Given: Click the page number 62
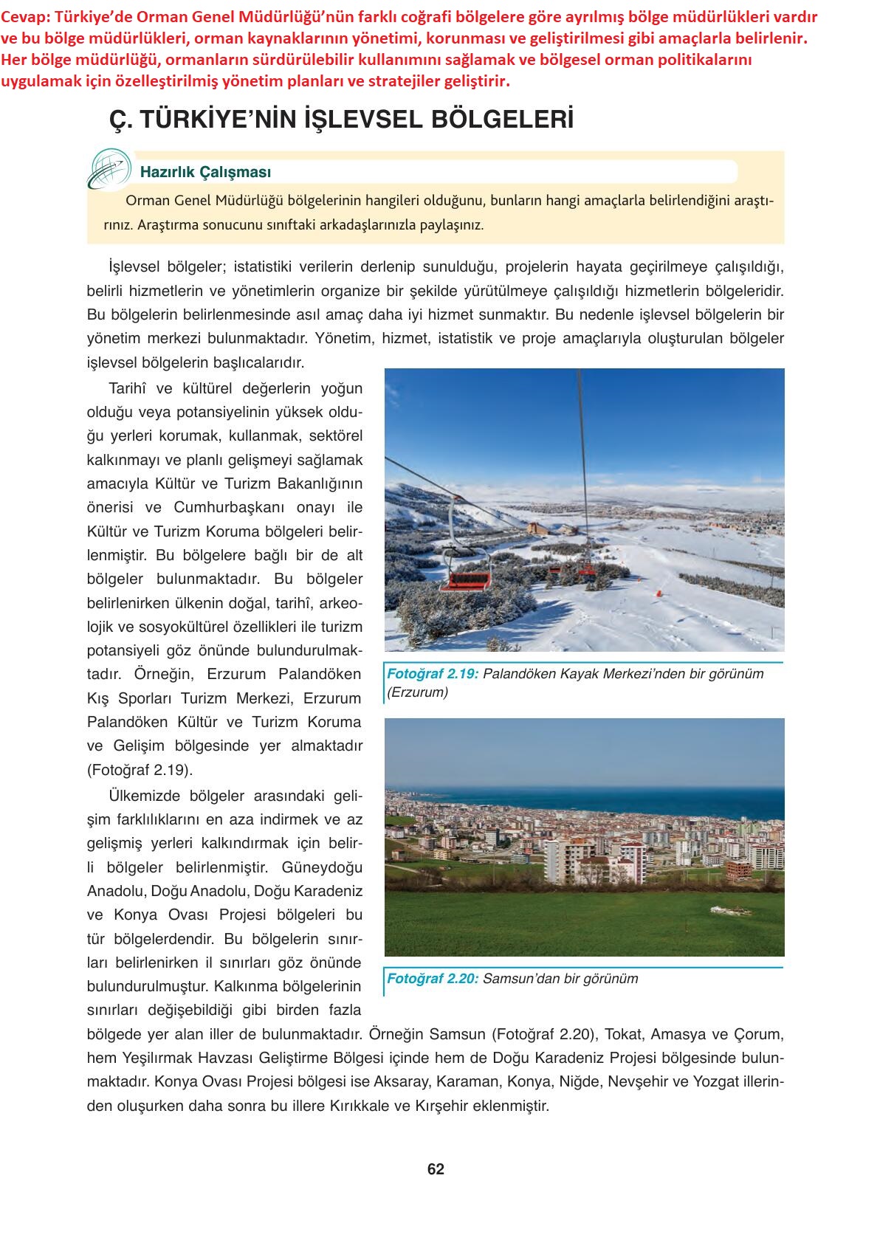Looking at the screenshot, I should [436, 1169].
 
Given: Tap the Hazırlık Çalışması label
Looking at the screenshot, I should [205, 172].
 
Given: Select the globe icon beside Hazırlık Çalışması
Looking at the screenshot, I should [109, 168].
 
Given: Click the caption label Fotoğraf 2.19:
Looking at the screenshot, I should [433, 673].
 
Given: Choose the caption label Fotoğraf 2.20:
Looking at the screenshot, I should [433, 979].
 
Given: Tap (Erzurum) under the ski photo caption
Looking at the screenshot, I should [418, 692].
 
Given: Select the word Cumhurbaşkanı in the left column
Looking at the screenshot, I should [244, 507].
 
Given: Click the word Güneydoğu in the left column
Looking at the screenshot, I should [326, 867].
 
